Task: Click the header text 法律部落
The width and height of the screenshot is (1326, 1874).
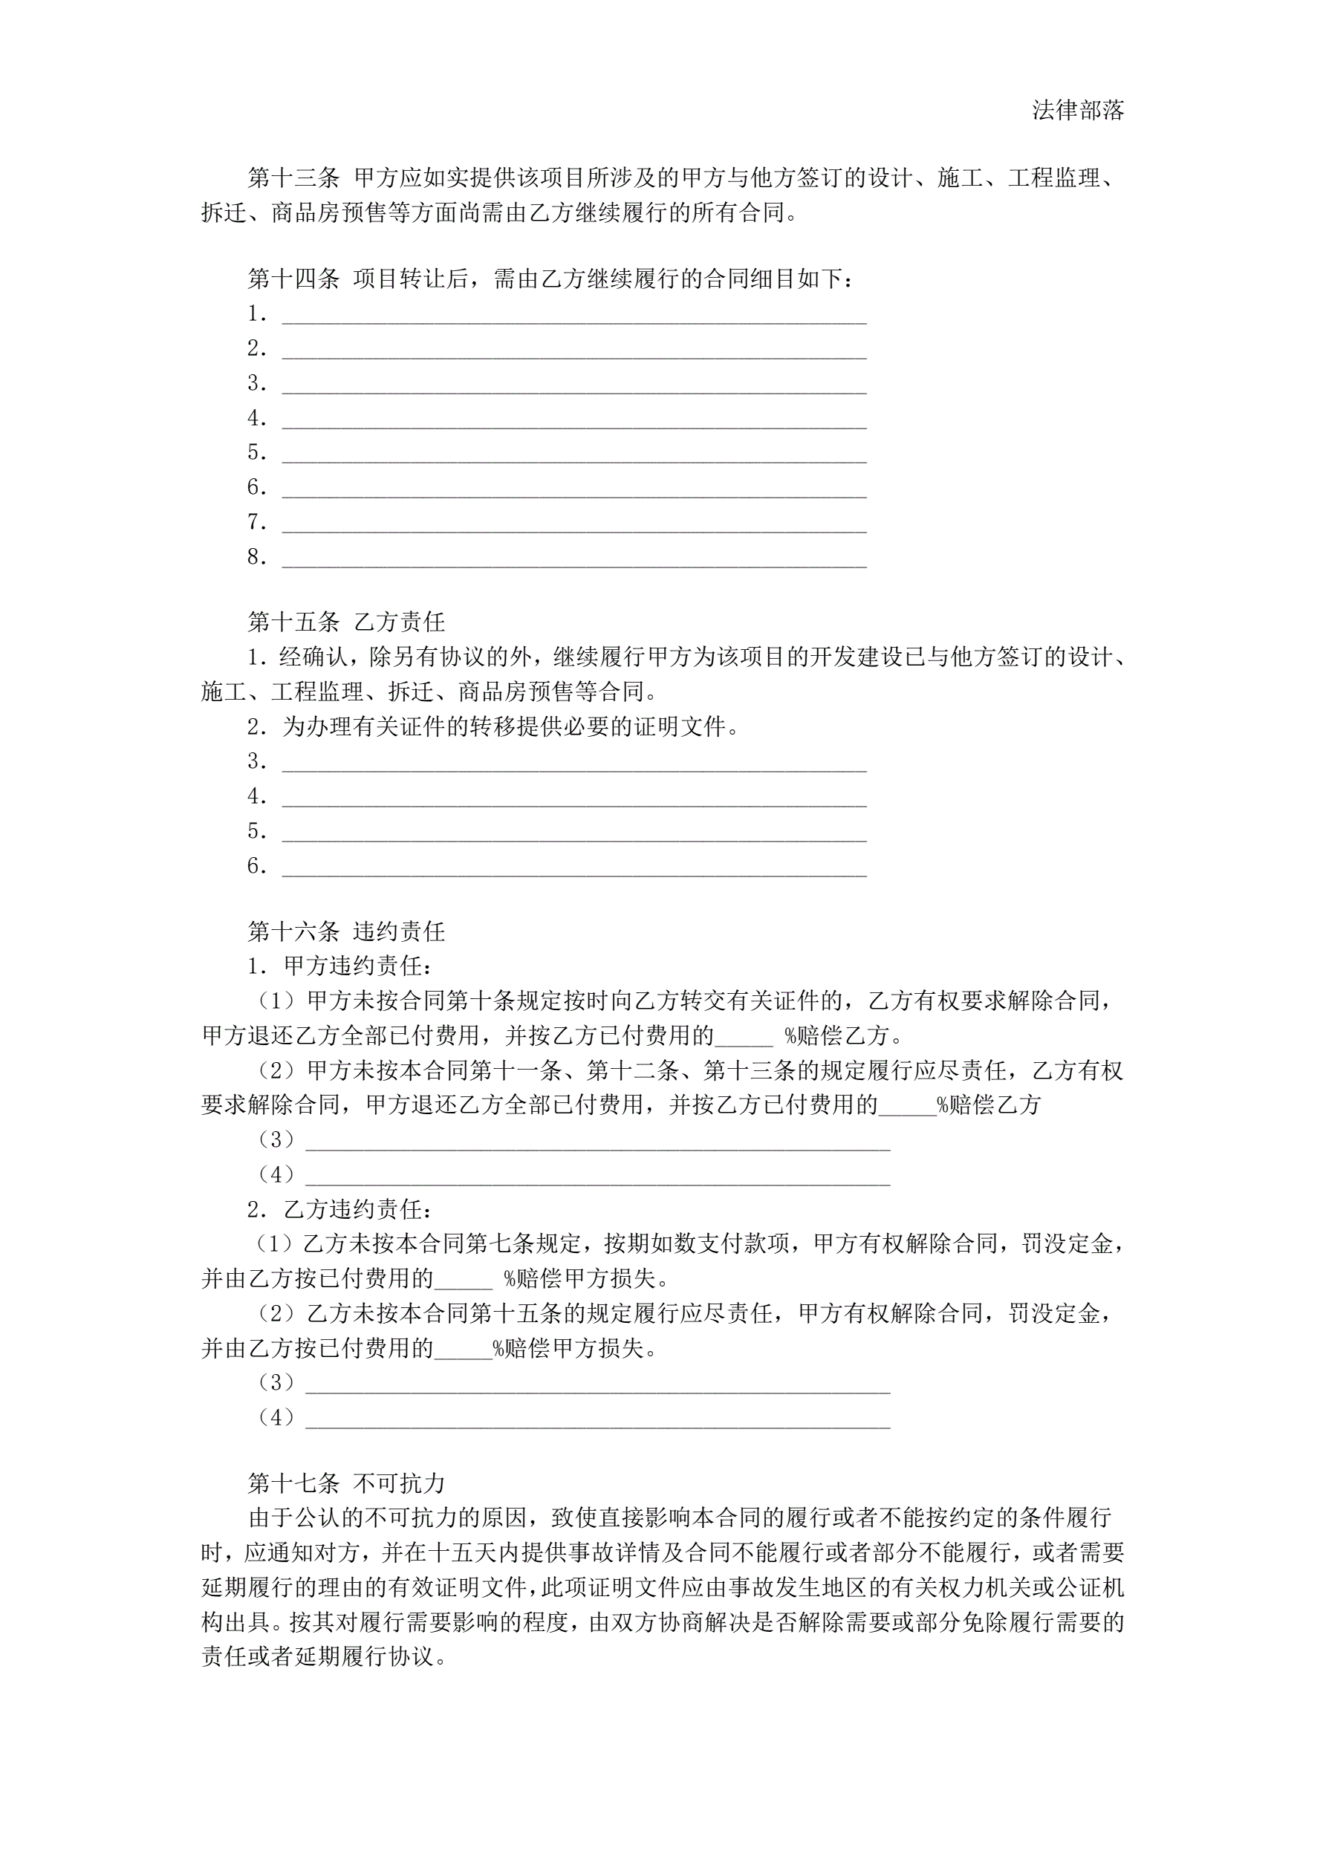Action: (1078, 111)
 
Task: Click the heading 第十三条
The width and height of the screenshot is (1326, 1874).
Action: (293, 178)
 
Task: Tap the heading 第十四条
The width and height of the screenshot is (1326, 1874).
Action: (293, 279)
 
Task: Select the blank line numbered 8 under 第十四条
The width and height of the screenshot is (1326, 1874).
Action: (574, 559)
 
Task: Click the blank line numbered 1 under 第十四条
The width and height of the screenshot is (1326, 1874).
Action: (574, 316)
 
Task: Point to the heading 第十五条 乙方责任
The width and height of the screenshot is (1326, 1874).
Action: (346, 622)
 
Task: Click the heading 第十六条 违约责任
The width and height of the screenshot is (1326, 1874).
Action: (346, 931)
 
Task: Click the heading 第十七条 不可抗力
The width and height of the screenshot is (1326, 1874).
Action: (346, 1483)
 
